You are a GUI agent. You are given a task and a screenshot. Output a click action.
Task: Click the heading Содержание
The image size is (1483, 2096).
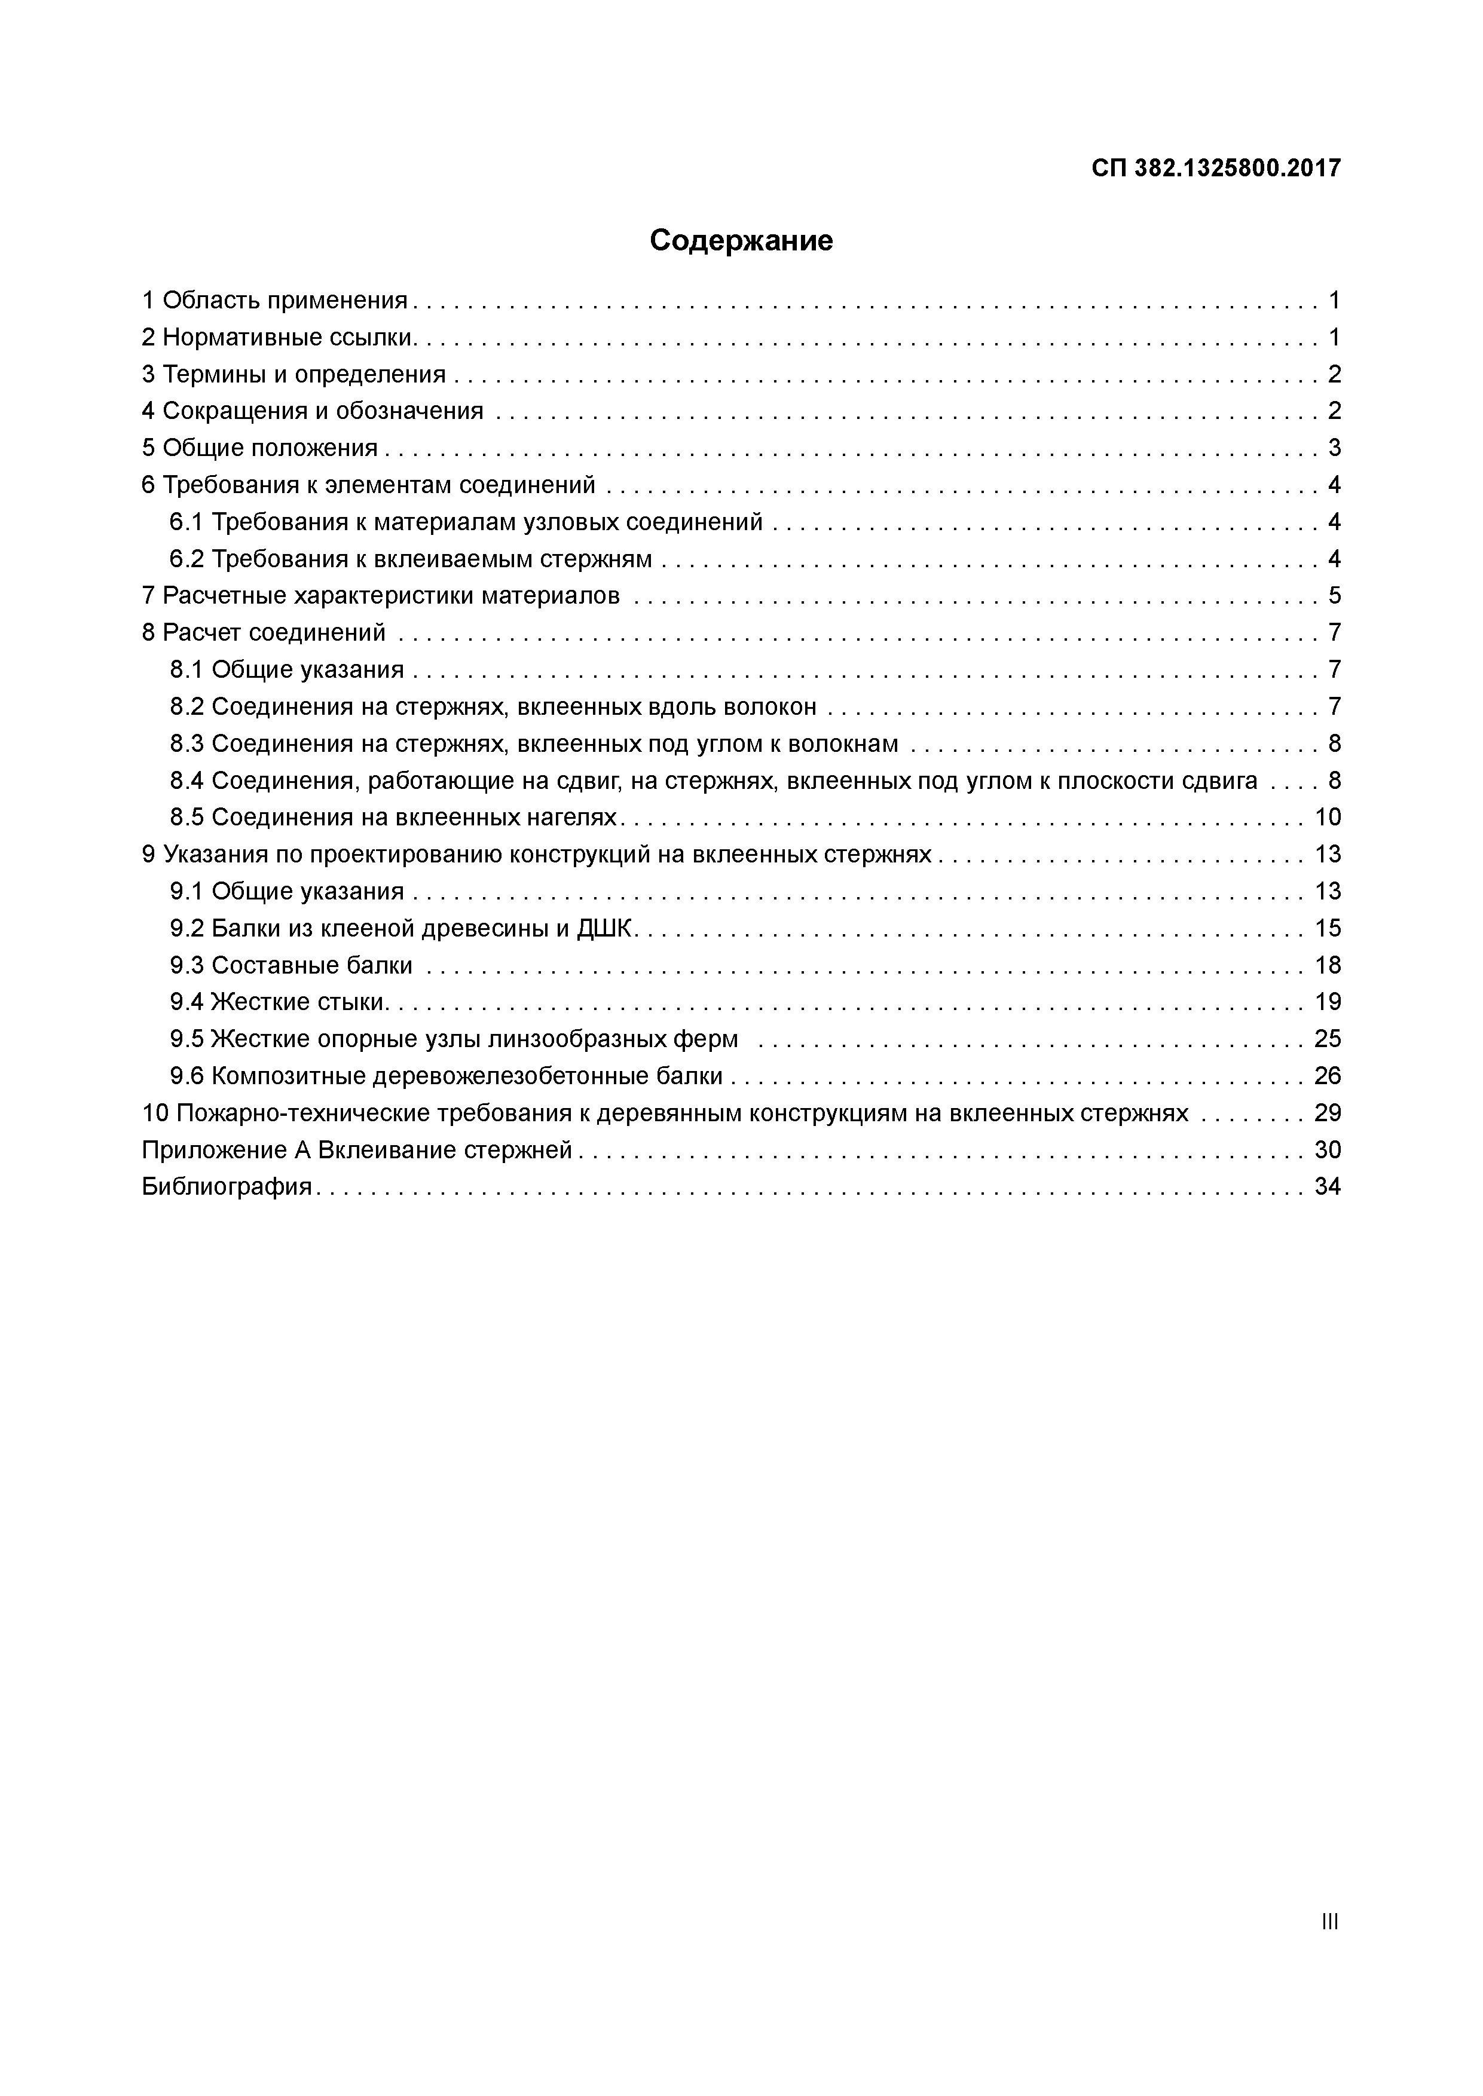741,241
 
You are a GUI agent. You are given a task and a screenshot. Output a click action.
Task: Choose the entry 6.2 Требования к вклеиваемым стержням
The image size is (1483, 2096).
411,559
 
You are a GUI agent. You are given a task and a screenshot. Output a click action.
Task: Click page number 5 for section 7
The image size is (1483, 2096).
1334,596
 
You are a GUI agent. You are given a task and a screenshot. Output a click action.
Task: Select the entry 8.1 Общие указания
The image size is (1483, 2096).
287,670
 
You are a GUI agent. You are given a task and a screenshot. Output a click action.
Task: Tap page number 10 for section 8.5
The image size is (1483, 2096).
1328,817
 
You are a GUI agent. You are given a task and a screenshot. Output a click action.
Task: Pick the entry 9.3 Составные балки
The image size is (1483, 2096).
291,965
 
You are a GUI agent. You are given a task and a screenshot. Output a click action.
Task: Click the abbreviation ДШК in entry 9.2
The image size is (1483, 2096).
604,928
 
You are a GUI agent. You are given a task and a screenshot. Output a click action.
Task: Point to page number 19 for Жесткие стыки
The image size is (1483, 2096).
1328,1002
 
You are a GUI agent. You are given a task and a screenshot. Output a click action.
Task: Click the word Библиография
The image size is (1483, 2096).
227,1187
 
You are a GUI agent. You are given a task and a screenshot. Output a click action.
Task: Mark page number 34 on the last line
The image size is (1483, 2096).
1328,1187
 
